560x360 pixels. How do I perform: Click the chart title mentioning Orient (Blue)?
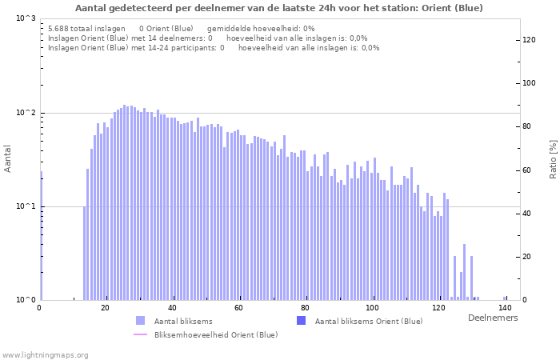[x=279, y=8]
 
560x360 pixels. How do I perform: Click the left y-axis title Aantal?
[x=8, y=159]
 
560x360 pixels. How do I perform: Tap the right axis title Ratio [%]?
[x=553, y=159]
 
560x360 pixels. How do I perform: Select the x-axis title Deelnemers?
[x=492, y=318]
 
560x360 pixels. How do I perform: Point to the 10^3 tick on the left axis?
[x=26, y=18]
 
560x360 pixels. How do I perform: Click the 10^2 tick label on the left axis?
[x=26, y=113]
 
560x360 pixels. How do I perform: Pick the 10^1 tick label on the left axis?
[x=26, y=206]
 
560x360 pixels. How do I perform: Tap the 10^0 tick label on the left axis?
[x=26, y=300]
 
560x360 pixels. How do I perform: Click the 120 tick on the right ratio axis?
[x=530, y=40]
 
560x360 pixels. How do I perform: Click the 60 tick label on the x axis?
[x=238, y=308]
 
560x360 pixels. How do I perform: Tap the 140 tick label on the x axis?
[x=505, y=308]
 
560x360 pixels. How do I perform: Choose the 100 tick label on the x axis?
[x=372, y=308]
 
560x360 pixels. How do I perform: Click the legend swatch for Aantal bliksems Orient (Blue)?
[x=301, y=321]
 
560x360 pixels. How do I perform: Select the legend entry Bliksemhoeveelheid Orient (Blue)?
[x=216, y=334]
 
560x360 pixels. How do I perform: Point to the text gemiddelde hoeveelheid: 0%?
[x=261, y=28]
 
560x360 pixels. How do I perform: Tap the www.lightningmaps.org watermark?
[x=45, y=354]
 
